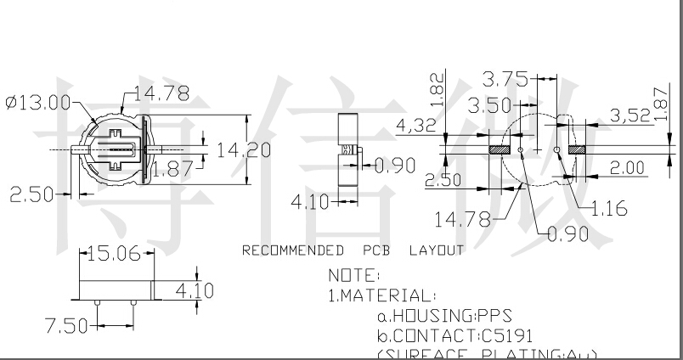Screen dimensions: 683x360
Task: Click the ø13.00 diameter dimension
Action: coord(37,102)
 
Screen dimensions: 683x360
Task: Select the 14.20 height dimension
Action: coord(244,150)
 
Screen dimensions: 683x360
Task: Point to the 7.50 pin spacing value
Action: coord(65,325)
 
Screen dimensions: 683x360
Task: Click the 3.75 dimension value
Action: coord(505,80)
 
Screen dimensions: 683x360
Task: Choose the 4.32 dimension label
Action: coord(417,127)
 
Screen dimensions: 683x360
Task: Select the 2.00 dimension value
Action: coord(628,169)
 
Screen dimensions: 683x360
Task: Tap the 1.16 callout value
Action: coord(608,209)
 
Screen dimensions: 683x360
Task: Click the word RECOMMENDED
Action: coord(293,250)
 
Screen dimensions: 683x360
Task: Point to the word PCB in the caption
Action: coord(377,250)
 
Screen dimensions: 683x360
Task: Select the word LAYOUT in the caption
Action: coord(437,250)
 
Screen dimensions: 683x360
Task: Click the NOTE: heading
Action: coord(355,275)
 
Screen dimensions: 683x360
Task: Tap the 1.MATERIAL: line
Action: coord(382,295)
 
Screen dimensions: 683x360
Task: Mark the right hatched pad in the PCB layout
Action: coord(578,149)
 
